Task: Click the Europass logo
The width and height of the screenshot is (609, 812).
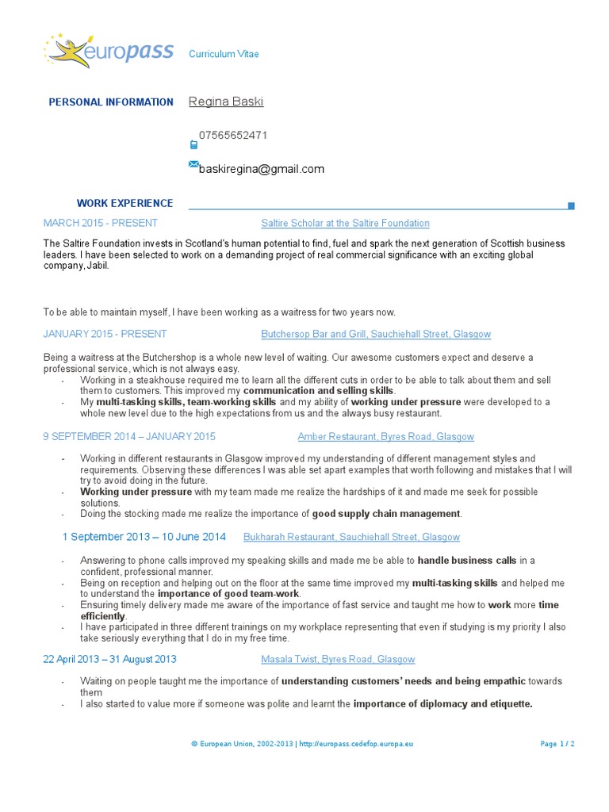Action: click(x=109, y=52)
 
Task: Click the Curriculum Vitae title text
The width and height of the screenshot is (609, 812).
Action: click(x=224, y=54)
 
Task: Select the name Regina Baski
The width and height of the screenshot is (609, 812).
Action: click(x=226, y=101)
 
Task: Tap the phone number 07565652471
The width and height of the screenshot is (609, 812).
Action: click(x=233, y=135)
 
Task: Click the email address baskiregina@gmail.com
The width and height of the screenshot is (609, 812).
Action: click(x=262, y=169)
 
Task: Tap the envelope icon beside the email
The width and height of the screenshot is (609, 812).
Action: click(x=193, y=164)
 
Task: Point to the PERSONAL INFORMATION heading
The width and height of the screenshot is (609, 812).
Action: click(x=111, y=102)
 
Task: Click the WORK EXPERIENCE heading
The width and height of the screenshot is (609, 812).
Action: click(x=124, y=204)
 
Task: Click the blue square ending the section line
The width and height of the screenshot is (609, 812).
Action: click(x=571, y=206)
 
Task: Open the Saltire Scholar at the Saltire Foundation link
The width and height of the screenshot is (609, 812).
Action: click(x=345, y=224)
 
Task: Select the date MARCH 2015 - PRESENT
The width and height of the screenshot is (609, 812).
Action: click(x=101, y=224)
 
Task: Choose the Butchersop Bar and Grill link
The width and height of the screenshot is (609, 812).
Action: click(x=376, y=335)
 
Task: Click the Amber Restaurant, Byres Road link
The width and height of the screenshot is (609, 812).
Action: click(x=385, y=437)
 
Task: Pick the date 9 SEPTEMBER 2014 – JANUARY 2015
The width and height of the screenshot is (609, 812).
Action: click(x=129, y=437)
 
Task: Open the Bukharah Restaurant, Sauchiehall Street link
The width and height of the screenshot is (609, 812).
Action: click(x=351, y=538)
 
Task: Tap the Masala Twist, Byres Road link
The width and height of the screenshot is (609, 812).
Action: click(x=338, y=660)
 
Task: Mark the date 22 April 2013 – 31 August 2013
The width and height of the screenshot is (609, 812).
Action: click(x=110, y=660)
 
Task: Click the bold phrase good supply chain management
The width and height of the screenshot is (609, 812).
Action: click(x=386, y=514)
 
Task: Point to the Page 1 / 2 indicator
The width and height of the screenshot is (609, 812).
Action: click(x=557, y=745)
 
